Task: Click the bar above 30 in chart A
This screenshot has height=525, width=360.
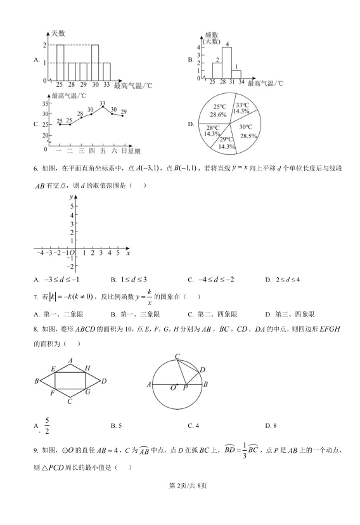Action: click(x=94, y=63)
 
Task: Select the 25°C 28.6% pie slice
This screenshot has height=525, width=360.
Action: click(x=219, y=111)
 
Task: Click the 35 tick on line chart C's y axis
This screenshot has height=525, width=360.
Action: click(x=45, y=103)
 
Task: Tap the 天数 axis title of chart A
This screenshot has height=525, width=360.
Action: click(x=58, y=33)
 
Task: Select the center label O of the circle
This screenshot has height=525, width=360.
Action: click(x=172, y=389)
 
